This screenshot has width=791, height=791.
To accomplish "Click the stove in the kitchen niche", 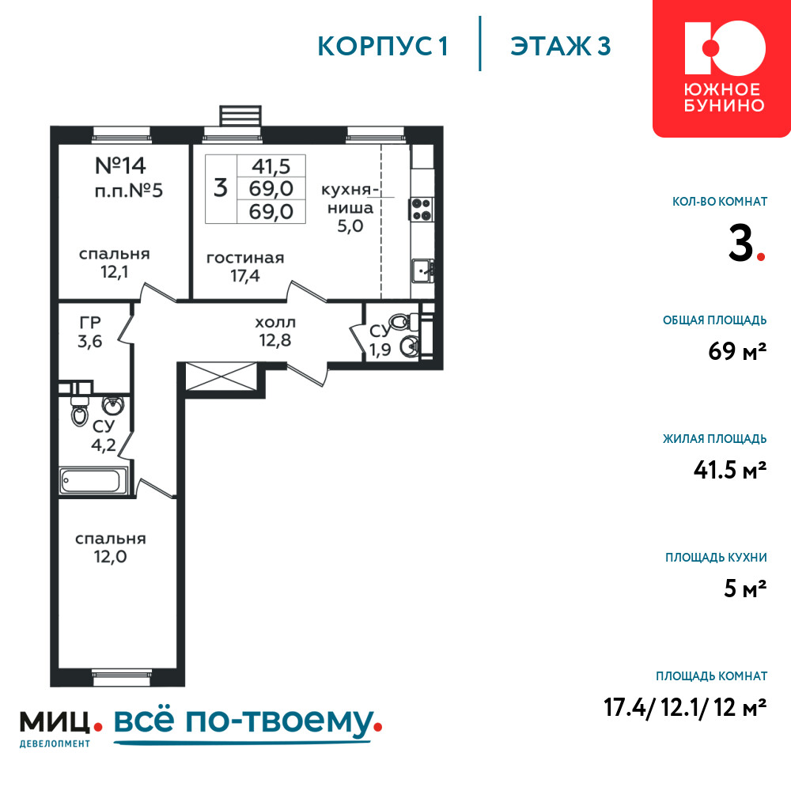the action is coord(422,209).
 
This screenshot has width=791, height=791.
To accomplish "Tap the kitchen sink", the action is coord(422,271).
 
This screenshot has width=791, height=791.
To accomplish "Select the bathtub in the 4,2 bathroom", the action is coord(94,481).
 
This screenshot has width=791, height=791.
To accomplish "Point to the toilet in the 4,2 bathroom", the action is coord(80,411).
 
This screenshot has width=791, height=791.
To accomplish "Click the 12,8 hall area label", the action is coord(275,340).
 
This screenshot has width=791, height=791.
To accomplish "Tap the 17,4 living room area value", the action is coord(245,276).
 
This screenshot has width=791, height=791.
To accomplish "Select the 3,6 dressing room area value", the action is coord(90,342).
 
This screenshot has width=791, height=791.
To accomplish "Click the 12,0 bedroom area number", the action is coord(111,557).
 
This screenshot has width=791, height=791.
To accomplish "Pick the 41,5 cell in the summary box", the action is coord(271,166).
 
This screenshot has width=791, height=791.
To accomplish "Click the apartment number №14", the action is coord(120,165).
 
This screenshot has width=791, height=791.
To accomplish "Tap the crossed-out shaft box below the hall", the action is coord(221,377).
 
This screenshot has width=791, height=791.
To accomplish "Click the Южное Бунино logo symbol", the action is coord(725,47).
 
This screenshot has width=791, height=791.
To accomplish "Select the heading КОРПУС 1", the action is coord(383,46).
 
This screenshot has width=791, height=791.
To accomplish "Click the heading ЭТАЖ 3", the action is coord(561,46).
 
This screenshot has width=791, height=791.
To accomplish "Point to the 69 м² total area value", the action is coord(737,350).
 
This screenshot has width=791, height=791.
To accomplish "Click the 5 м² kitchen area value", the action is coord(745,589).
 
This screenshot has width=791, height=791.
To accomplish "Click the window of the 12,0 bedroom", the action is coord(122,678).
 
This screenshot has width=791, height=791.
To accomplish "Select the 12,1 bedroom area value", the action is coord(115,272).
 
